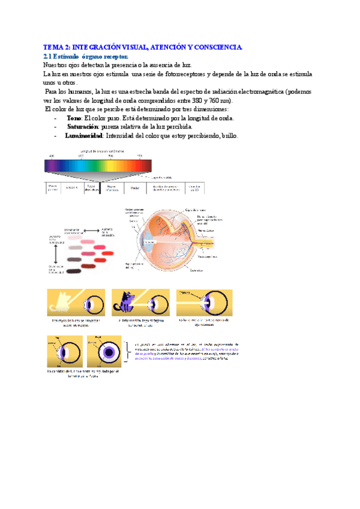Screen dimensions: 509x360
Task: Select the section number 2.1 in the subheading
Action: [49, 56]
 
